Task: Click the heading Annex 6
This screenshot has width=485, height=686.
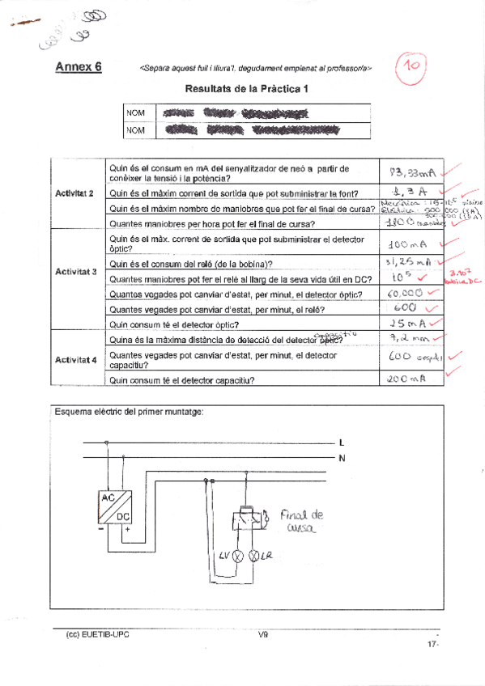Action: point(78,68)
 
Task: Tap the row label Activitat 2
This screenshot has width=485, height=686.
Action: point(75,193)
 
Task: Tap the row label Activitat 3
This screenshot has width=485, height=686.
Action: point(75,272)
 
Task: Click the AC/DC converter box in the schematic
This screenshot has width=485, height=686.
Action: point(113,507)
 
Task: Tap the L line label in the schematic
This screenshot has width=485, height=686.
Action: point(342,443)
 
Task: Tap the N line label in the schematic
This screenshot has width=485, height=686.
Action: point(342,458)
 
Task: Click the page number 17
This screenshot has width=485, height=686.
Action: point(431,644)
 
